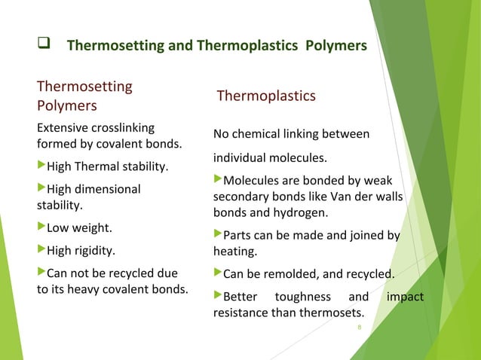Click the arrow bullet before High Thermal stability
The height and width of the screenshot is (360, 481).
point(41,165)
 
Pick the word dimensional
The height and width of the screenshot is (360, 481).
point(109,188)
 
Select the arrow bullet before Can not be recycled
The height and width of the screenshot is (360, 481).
point(41,272)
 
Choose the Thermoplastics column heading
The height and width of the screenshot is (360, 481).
point(266,96)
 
